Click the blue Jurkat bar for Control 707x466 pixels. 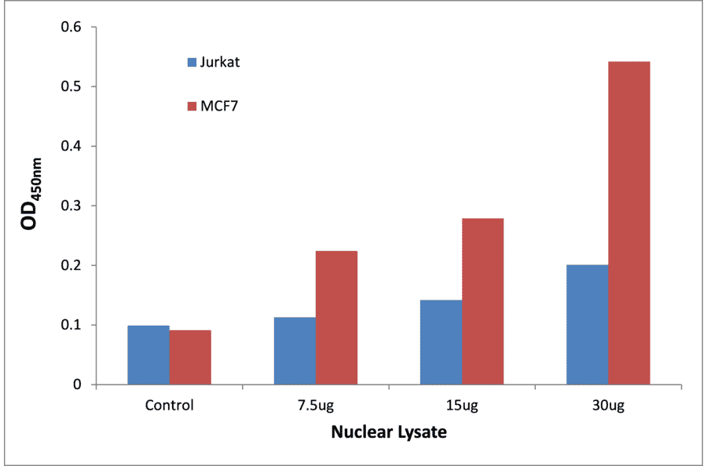(x=148, y=355)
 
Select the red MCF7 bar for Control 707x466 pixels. (x=190, y=357)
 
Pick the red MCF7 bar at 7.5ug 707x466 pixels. (x=336, y=318)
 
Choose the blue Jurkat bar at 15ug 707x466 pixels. (x=441, y=342)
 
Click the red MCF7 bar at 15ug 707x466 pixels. (x=482, y=301)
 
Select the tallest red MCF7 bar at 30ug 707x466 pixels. (x=628, y=223)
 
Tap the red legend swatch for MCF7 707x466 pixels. (x=192, y=106)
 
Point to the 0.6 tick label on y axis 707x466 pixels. (x=71, y=27)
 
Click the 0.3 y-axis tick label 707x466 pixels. (x=71, y=206)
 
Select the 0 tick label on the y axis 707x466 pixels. (x=77, y=385)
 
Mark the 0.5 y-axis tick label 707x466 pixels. (x=71, y=87)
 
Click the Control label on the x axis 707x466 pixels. (x=169, y=406)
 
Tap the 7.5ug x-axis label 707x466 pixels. (x=315, y=406)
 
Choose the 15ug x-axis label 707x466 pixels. (x=461, y=406)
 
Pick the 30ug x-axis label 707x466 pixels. (x=607, y=406)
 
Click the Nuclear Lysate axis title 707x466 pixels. (x=388, y=432)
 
